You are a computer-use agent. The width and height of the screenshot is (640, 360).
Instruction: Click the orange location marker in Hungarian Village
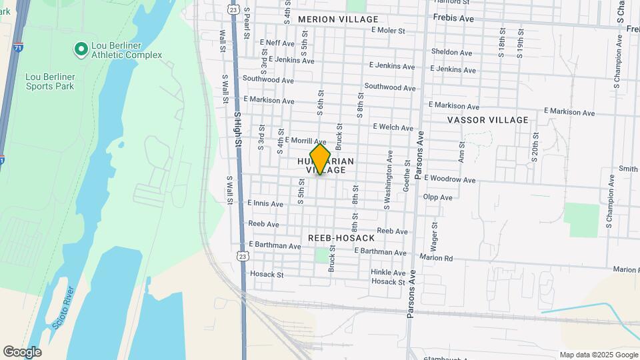[320, 159]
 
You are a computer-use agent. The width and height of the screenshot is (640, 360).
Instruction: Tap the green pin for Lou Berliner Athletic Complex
[81, 49]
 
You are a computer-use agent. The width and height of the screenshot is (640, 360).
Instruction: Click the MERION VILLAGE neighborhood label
[338, 19]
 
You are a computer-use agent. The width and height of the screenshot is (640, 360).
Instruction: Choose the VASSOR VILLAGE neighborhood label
[487, 120]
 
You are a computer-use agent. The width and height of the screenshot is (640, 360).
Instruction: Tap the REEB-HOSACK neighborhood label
[341, 238]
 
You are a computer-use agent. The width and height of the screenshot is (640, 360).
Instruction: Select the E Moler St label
[388, 31]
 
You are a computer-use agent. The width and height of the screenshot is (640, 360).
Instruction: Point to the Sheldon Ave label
[453, 51]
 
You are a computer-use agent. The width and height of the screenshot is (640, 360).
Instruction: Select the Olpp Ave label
[437, 197]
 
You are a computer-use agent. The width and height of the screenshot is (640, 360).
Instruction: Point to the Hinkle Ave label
[389, 273]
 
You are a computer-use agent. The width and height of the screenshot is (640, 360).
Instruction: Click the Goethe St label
[406, 176]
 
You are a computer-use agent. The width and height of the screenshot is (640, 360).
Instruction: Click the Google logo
[22, 352]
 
